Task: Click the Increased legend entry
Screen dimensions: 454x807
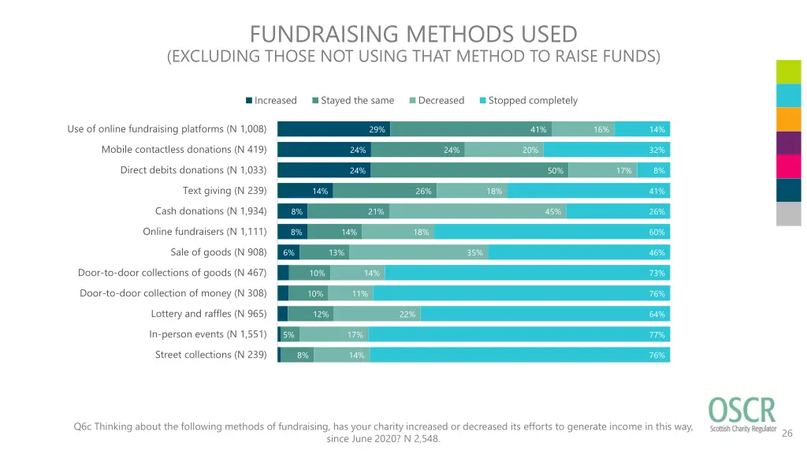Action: click(271, 101)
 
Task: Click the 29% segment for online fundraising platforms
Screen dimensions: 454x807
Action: click(334, 129)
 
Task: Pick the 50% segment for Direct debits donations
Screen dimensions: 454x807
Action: click(469, 170)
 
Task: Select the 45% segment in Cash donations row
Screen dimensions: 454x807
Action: click(478, 211)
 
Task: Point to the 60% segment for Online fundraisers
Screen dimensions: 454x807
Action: click(552, 232)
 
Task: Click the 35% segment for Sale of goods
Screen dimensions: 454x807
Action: click(418, 252)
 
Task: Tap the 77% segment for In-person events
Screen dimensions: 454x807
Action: click(519, 334)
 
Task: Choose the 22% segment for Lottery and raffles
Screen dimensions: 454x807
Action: click(377, 314)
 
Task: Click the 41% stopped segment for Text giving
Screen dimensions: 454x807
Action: click(588, 191)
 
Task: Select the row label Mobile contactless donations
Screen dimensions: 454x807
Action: click(184, 150)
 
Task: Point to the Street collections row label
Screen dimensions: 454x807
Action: click(210, 355)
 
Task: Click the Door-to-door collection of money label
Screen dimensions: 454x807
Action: click(173, 293)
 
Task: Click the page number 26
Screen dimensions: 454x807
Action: click(787, 434)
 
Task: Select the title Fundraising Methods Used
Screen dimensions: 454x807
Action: click(414, 35)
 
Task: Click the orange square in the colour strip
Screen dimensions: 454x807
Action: click(789, 119)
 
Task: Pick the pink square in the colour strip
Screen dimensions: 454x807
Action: click(789, 166)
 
